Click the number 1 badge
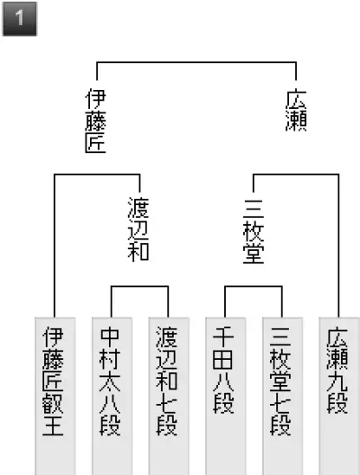tap(20, 19)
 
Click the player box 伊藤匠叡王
tap(55, 396)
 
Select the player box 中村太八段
tap(112, 396)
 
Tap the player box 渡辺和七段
tap(169, 396)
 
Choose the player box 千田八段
tap(226, 396)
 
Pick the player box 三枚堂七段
tap(283, 396)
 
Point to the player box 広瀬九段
tap(339, 396)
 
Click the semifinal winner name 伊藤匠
tap(95, 121)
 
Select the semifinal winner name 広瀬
tap(296, 111)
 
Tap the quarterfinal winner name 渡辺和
tap(139, 229)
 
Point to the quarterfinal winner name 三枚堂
tap(253, 232)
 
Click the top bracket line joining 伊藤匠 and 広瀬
tap(196, 62)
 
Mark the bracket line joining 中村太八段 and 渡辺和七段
tap(139, 286)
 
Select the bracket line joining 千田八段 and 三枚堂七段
tap(253, 286)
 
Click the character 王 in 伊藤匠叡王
tap(53, 426)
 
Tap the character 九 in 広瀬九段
tap(337, 382)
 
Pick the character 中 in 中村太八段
tap(110, 336)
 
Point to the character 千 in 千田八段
tap(223, 336)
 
